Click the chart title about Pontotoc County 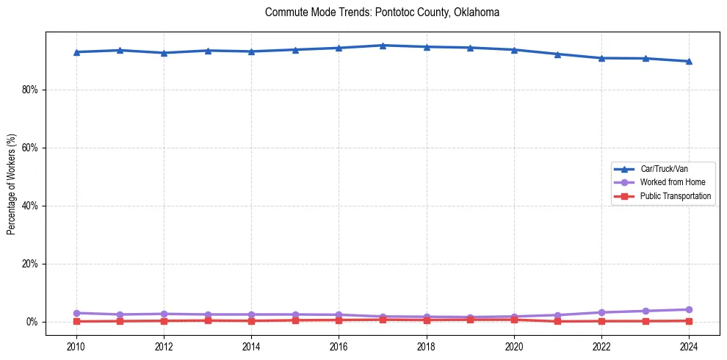pyautogui.click(x=382, y=12)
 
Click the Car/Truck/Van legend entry pyautogui.click(x=664, y=169)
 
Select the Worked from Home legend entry pyautogui.click(x=669, y=182)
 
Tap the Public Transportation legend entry pyautogui.click(x=676, y=196)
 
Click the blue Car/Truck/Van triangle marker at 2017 pyautogui.click(x=383, y=46)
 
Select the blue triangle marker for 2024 pyautogui.click(x=689, y=61)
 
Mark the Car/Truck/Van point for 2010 pyautogui.click(x=76, y=52)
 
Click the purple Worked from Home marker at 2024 pyautogui.click(x=689, y=309)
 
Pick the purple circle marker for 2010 pyautogui.click(x=76, y=313)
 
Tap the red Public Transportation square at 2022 pyautogui.click(x=601, y=321)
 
